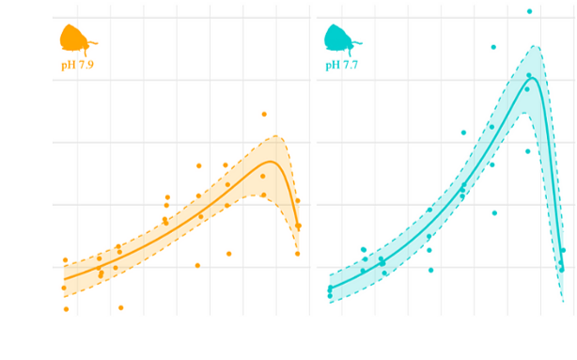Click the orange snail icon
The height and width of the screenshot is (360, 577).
(76, 39)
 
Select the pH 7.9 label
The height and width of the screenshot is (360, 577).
(79, 65)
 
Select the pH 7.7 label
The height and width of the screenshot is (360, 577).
(341, 65)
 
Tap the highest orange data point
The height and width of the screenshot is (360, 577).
(264, 114)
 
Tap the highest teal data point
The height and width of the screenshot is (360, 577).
(529, 11)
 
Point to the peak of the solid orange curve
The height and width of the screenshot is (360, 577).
(270, 162)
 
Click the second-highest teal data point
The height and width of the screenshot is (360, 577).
(493, 46)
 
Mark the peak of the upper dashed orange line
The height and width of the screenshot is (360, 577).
(276, 135)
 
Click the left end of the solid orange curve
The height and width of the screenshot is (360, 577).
(64, 278)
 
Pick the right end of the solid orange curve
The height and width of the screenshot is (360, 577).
(298, 227)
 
